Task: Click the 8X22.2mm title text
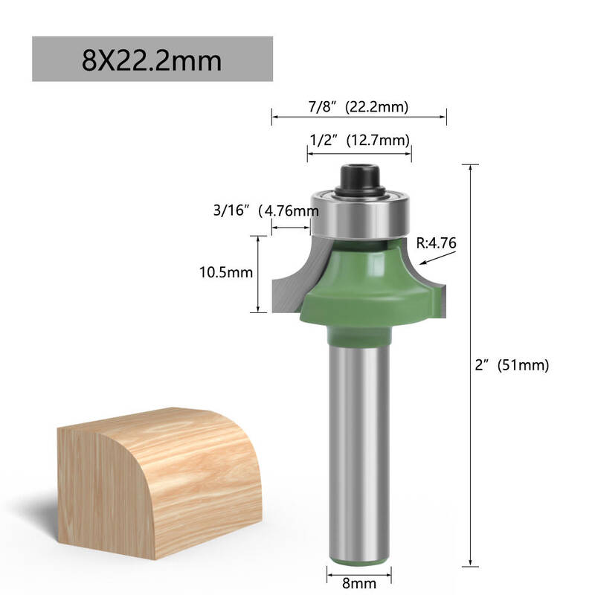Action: [x=152, y=61]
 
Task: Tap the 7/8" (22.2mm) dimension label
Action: [x=358, y=106]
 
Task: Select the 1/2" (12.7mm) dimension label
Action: [x=360, y=140]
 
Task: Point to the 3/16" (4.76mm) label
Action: [x=266, y=210]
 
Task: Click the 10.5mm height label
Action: [x=226, y=272]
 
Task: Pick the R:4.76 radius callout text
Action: [x=436, y=243]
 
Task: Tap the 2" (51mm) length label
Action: [x=512, y=364]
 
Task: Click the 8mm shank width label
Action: [x=359, y=583]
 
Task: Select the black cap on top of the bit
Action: [x=360, y=179]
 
